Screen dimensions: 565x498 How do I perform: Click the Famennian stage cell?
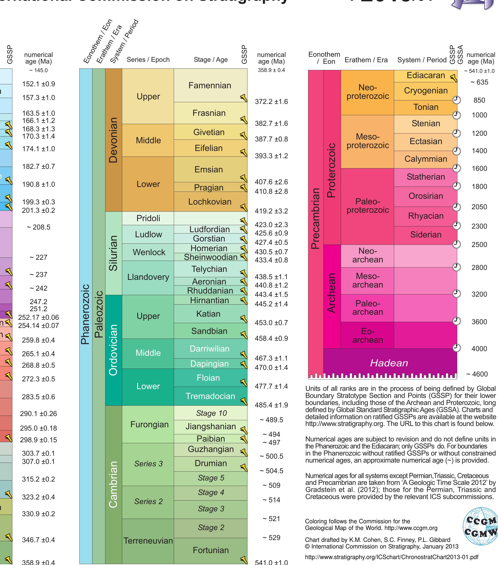(x=210, y=85)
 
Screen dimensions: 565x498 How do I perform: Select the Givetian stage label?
(x=209, y=132)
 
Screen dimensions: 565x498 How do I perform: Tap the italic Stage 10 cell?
(x=211, y=413)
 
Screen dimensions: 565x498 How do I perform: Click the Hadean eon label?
(x=389, y=363)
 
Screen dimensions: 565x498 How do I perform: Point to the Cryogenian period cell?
(x=426, y=90)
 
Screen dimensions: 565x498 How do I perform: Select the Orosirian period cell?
(x=426, y=196)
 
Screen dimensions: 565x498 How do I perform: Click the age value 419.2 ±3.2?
(x=271, y=211)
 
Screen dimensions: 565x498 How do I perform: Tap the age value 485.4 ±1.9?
(x=271, y=405)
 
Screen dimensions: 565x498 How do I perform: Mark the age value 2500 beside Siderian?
(x=479, y=245)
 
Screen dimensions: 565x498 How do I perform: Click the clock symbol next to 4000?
(x=457, y=347)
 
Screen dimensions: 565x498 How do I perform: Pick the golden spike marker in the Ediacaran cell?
(x=453, y=78)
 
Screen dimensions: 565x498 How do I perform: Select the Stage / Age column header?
(x=210, y=60)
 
